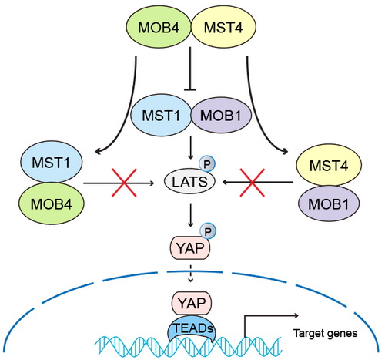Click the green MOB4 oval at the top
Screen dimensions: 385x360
click(159, 27)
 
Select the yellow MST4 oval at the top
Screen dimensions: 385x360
click(223, 27)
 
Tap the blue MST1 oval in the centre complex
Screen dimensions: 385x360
click(161, 115)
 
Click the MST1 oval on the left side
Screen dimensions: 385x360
click(52, 162)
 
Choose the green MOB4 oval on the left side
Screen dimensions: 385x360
click(52, 204)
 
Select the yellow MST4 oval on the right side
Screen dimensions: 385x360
click(329, 165)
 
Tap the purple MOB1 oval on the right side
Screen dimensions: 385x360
click(329, 204)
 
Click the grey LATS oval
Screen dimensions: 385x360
click(189, 182)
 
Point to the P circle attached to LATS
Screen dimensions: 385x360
click(207, 164)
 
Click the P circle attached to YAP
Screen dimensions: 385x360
click(208, 231)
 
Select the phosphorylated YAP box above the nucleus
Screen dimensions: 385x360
click(190, 248)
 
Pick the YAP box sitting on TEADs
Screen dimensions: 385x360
click(192, 303)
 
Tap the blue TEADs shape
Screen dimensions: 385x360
click(192, 329)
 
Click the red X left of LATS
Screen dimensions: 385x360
click(124, 183)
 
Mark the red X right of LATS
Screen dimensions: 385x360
click(253, 183)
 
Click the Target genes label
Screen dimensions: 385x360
click(326, 333)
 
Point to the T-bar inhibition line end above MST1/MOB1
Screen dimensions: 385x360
click(190, 89)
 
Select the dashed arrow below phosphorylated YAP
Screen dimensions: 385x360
click(190, 272)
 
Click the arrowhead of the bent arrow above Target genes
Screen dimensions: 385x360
click(296, 315)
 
